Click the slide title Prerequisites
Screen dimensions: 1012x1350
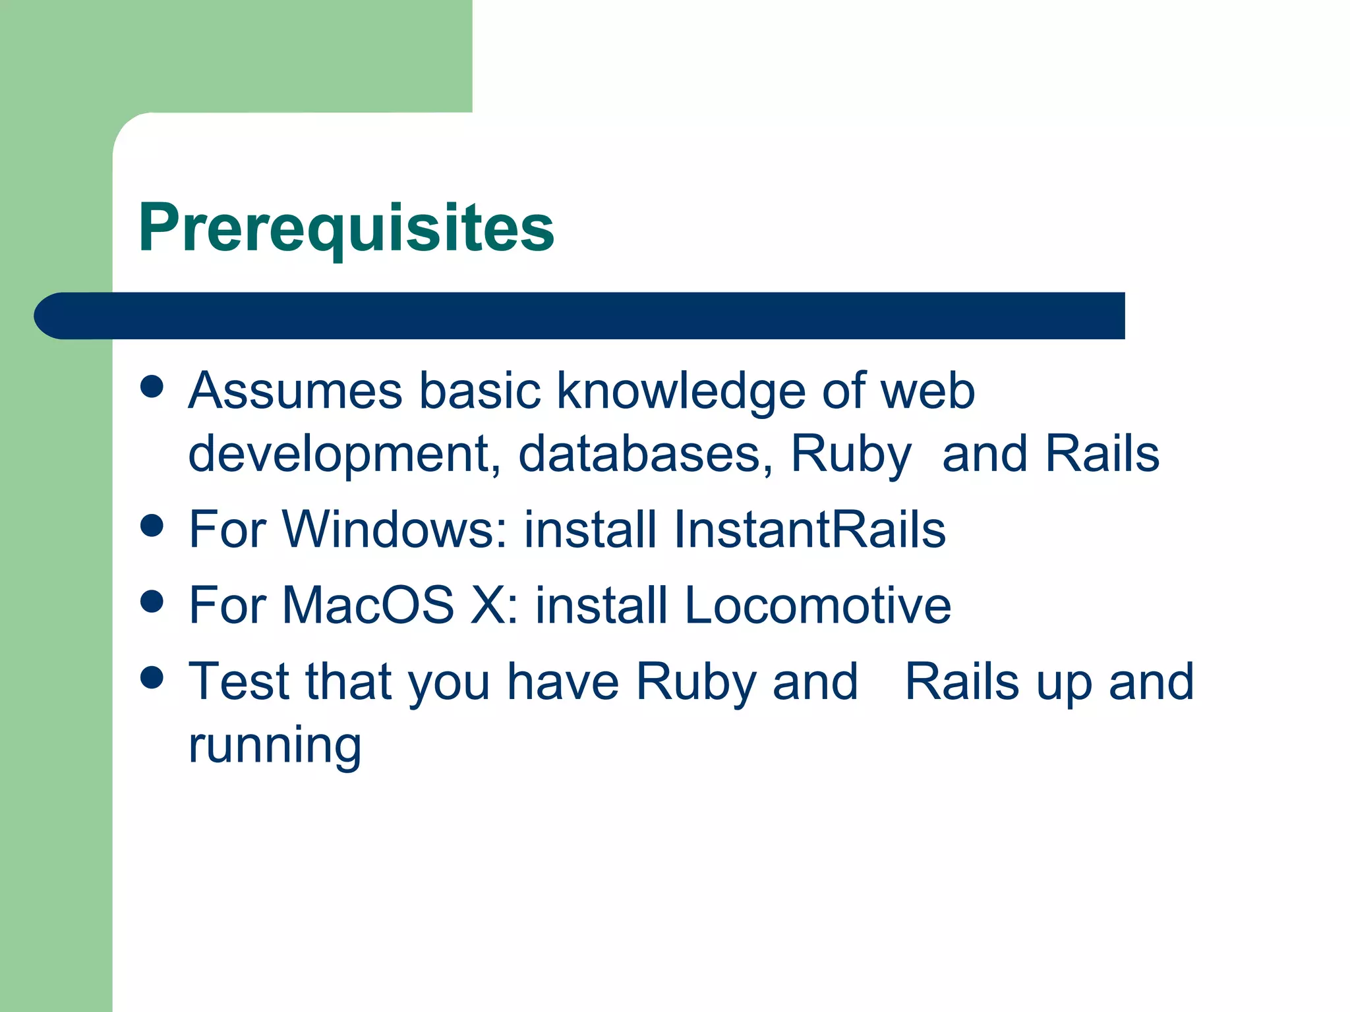[x=346, y=227]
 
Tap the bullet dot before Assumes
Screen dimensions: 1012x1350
[x=152, y=387]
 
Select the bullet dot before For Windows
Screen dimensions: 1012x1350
[x=152, y=526]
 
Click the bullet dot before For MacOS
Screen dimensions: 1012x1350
[x=152, y=601]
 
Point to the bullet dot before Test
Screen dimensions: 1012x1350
[x=152, y=677]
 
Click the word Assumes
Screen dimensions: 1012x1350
[x=295, y=391]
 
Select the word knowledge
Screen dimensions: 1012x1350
[x=681, y=391]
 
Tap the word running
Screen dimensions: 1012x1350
[x=274, y=746]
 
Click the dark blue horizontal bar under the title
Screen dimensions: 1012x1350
[x=580, y=316]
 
